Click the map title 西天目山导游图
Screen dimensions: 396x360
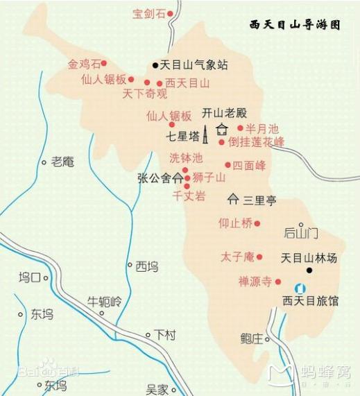tap(295, 24)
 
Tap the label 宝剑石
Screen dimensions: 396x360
tap(149, 13)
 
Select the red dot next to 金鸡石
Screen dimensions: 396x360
tap(104, 63)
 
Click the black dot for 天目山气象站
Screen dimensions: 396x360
tap(155, 65)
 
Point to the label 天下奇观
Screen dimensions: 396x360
tap(145, 93)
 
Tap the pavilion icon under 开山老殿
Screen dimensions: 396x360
tap(221, 128)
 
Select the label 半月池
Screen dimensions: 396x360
tap(263, 128)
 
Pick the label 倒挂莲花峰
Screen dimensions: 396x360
tap(256, 142)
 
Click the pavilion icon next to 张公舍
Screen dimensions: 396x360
tap(178, 178)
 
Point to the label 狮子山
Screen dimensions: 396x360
tap(209, 178)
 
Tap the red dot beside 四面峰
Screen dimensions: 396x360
tap(228, 165)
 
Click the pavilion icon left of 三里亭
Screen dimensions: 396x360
tap(233, 199)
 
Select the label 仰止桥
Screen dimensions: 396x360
tap(236, 223)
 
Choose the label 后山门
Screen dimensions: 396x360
tap(301, 233)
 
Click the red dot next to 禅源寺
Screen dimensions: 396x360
tap(277, 282)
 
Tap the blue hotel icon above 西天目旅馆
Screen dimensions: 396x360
tap(300, 287)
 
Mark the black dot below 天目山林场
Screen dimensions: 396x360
tap(309, 270)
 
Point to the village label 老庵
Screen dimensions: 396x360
tap(62, 162)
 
